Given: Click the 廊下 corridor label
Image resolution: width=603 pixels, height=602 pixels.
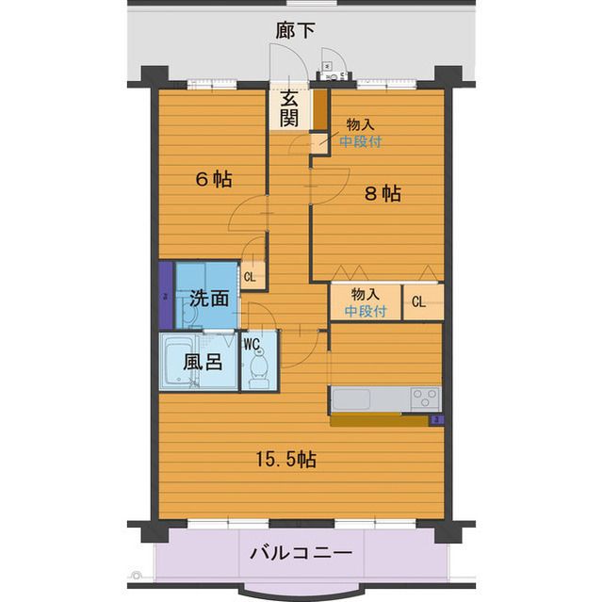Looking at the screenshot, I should coord(295,31).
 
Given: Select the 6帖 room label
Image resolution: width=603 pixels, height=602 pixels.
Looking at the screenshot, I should coord(214,179).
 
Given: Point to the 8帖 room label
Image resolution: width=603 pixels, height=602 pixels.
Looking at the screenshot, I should coord(383,193).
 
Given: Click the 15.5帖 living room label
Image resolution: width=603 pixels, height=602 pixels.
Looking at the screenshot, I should coord(286,460).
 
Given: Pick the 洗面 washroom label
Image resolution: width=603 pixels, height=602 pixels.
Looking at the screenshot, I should coord(208,299).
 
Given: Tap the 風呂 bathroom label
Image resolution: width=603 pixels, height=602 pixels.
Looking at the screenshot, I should coord(203,362).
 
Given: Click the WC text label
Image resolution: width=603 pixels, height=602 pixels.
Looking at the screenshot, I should coord(253,343).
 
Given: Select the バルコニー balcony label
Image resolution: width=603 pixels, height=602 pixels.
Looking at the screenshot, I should coord(301,553).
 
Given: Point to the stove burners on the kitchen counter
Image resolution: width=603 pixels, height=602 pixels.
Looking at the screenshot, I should coord(425,398).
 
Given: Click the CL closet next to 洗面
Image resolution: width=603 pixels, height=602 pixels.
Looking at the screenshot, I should coord(251,277).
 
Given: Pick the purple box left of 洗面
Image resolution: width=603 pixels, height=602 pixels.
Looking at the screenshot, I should coord(166,294).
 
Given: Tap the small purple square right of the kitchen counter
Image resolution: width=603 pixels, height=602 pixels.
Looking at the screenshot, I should coord(436,420).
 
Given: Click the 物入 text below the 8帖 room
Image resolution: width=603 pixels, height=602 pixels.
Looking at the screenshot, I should coord(365,294).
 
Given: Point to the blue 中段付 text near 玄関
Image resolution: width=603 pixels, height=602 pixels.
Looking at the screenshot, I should coord(361,142).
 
